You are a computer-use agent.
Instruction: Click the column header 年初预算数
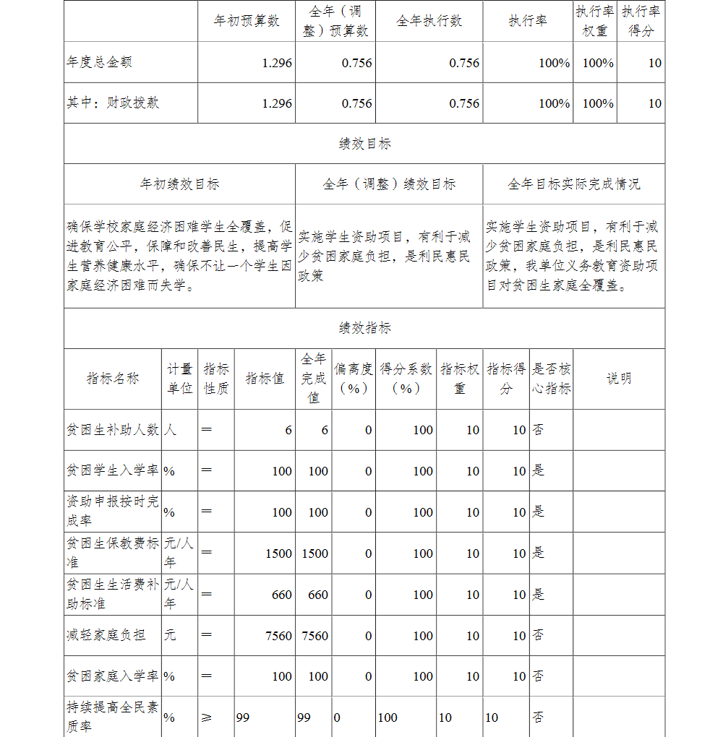point(247,21)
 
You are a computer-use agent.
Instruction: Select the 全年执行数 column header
point(429,21)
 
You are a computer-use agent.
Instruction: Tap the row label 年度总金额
point(99,62)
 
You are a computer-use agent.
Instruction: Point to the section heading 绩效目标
point(364,143)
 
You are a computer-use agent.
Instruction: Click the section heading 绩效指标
point(364,328)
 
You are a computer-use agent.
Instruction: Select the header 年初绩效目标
point(179,184)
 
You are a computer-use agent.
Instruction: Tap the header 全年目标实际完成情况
point(573,184)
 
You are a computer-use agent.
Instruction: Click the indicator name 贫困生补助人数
point(113,430)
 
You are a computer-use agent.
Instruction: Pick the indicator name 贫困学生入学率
point(113,471)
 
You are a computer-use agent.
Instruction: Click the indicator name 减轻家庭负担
point(106,635)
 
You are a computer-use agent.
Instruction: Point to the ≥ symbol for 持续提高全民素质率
point(207,717)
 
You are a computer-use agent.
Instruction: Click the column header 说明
point(619,379)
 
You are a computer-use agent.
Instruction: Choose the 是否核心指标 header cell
point(551,379)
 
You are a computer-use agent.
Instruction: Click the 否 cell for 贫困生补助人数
point(539,430)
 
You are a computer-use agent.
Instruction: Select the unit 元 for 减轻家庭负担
point(170,635)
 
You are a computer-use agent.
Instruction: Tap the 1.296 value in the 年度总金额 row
point(277,63)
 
